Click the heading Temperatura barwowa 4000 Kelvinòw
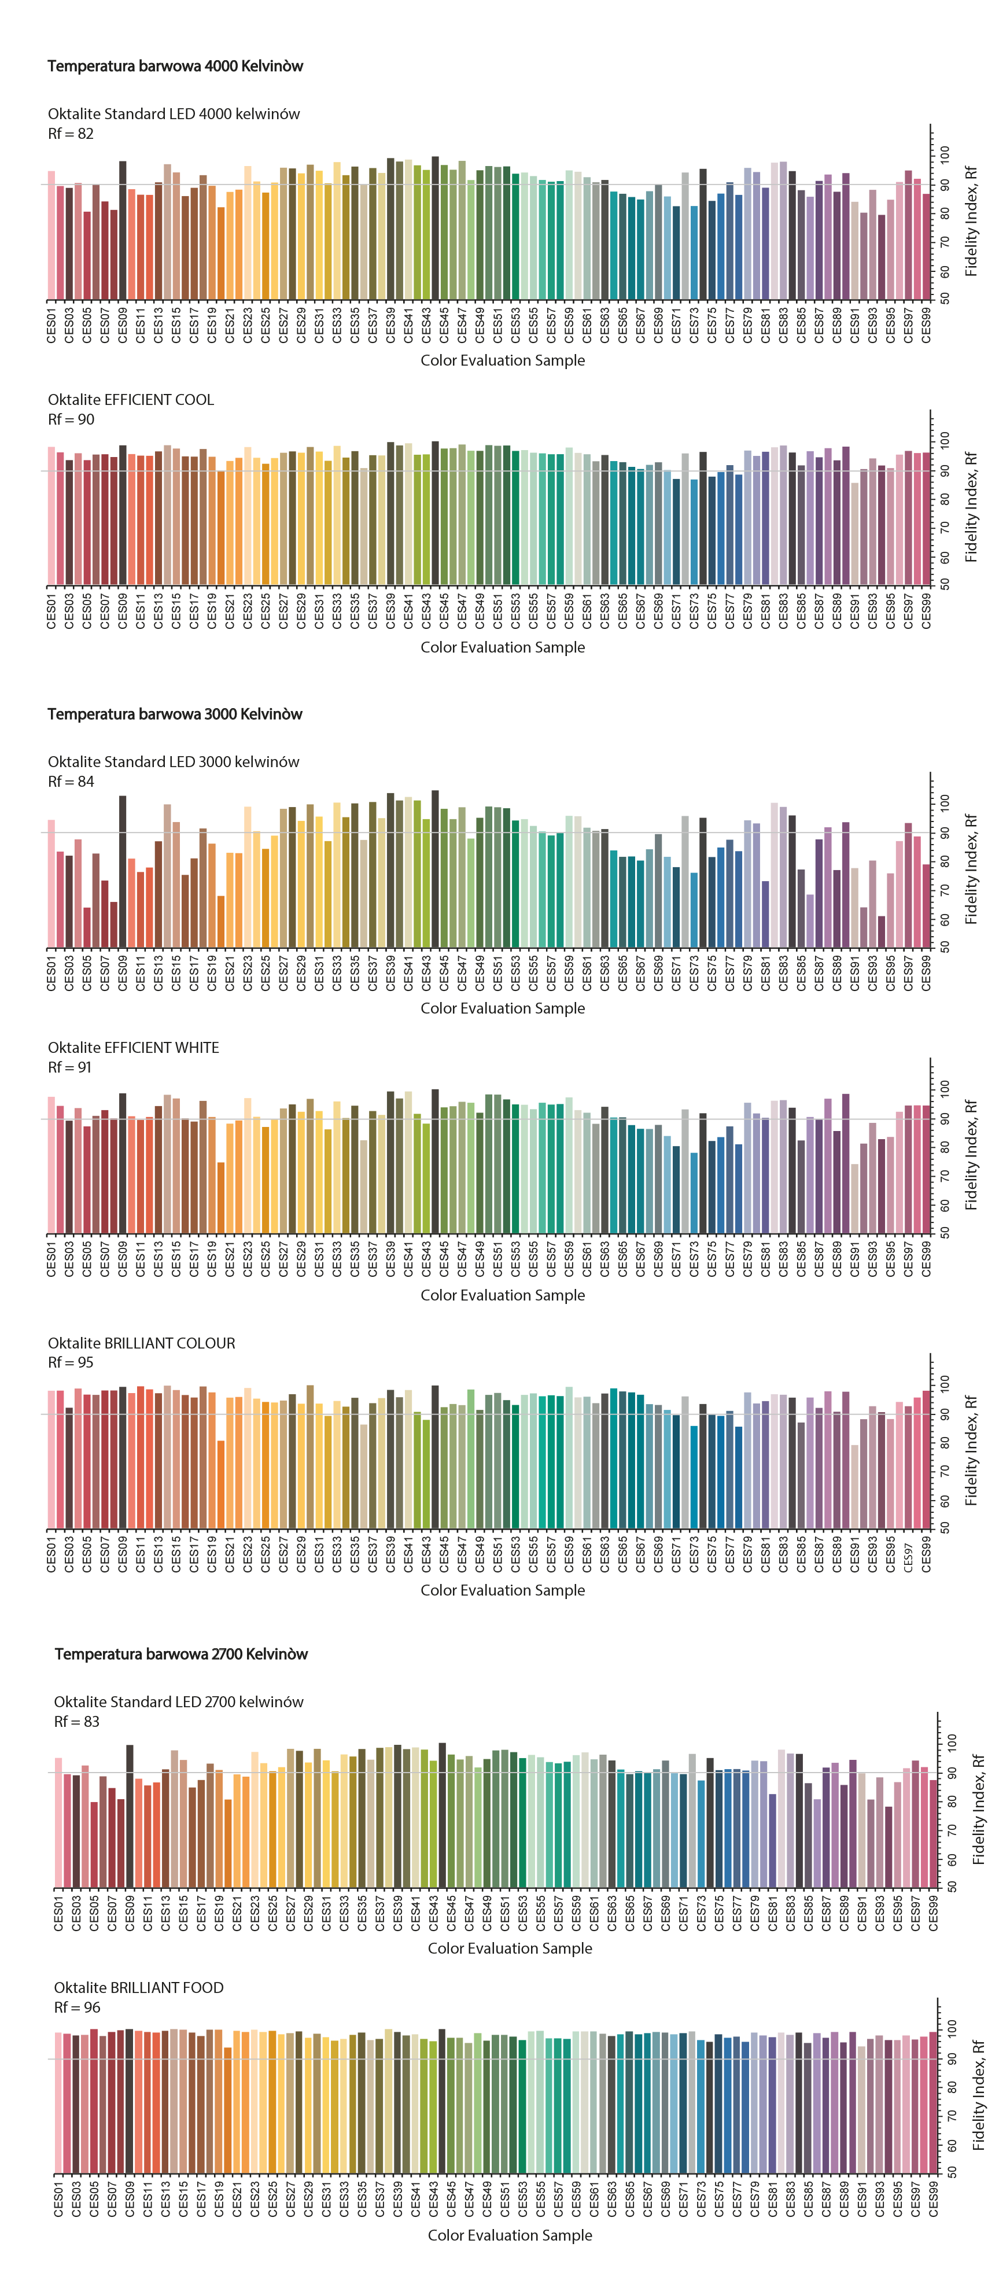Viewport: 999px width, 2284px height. (x=175, y=65)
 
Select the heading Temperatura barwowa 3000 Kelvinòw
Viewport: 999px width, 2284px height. (x=175, y=714)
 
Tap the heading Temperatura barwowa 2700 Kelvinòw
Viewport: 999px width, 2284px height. (x=181, y=1653)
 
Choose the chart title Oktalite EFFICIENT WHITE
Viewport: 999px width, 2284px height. (x=133, y=1047)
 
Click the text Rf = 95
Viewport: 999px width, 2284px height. (x=70, y=1362)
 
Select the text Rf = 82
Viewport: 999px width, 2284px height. (x=70, y=134)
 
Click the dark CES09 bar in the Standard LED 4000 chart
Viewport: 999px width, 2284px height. (x=122, y=230)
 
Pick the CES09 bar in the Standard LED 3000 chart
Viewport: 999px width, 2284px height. (x=122, y=872)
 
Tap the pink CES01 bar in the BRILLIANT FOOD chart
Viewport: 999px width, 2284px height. (x=58, y=2103)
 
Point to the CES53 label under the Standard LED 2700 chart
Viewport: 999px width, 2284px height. (x=523, y=1913)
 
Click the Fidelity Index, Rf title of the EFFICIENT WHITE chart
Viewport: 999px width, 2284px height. (x=971, y=1155)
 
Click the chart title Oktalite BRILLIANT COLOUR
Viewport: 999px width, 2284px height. (x=142, y=1342)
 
